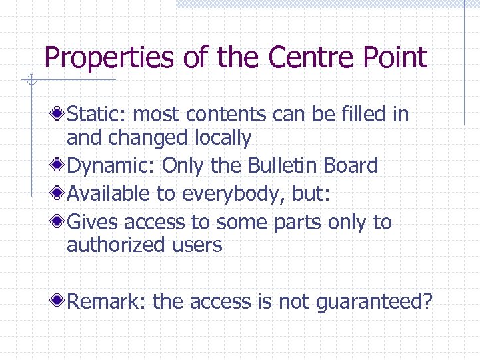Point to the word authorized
tap(111, 245)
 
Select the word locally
tap(223, 138)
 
